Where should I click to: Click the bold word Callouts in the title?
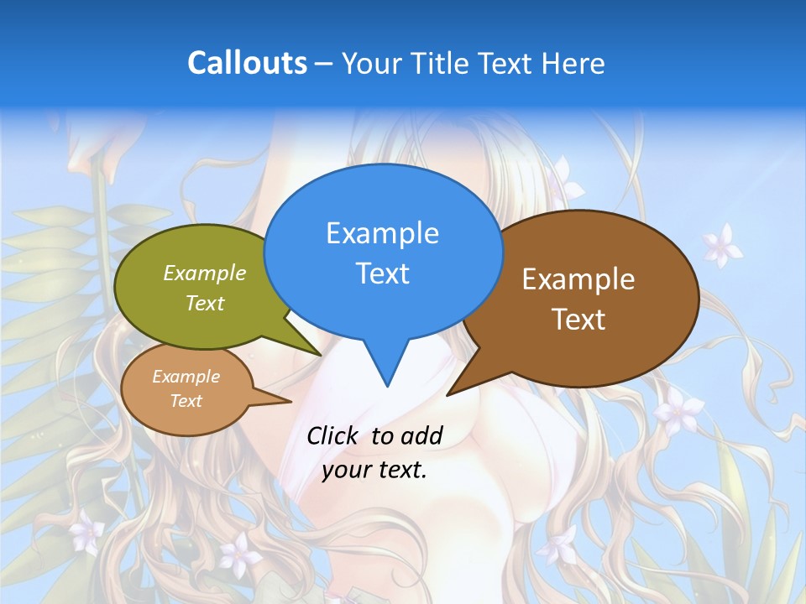tap(247, 63)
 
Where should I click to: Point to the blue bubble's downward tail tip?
tap(386, 385)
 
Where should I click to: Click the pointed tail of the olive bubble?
tap(319, 354)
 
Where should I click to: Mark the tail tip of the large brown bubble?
tap(448, 393)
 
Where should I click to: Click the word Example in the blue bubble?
tap(382, 233)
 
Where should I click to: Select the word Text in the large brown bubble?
tap(578, 320)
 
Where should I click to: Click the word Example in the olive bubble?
tap(205, 273)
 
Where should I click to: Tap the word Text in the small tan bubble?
tap(186, 401)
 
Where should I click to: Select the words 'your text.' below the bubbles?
tap(374, 470)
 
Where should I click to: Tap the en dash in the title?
tap(325, 64)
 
